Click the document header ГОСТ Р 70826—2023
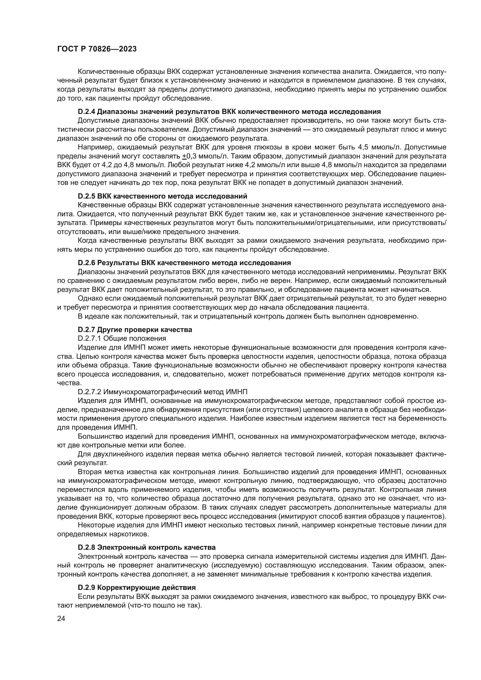(97, 49)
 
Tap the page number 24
(61, 618)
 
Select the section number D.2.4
(86, 112)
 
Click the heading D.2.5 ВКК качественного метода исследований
(162, 196)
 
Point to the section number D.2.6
(86, 263)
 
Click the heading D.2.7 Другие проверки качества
(135, 329)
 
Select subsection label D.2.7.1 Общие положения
(122, 338)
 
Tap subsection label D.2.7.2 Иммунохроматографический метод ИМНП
(163, 392)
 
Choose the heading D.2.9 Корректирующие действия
(137, 587)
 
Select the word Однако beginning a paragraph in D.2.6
(88, 298)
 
